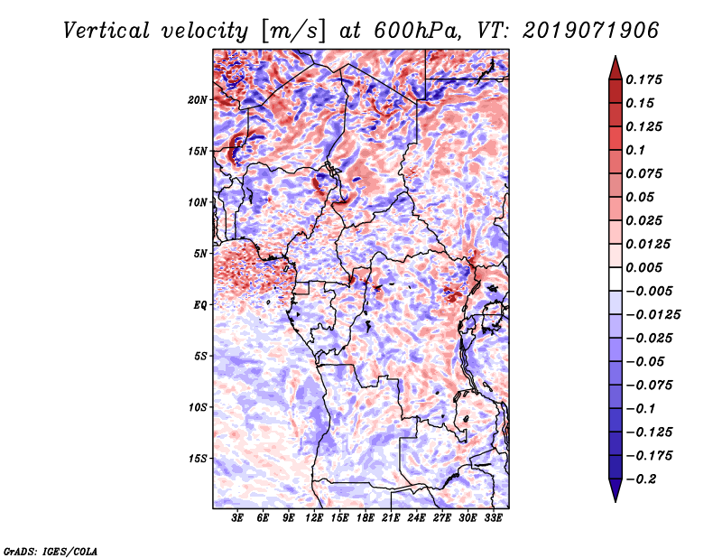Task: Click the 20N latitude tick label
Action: [198, 99]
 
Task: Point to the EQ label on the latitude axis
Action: [200, 305]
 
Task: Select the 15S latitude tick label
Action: [198, 459]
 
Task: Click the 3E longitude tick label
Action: [238, 517]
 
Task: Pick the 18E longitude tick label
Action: [365, 517]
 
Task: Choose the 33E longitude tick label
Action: [493, 517]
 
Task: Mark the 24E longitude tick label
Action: [416, 517]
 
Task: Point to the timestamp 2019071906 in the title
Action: [583, 30]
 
